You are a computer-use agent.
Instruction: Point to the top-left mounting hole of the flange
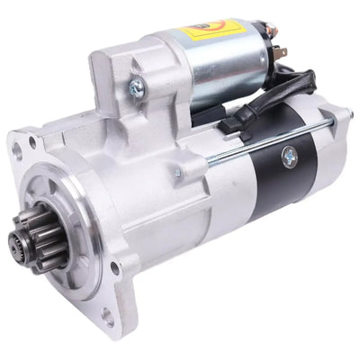(33, 143)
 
